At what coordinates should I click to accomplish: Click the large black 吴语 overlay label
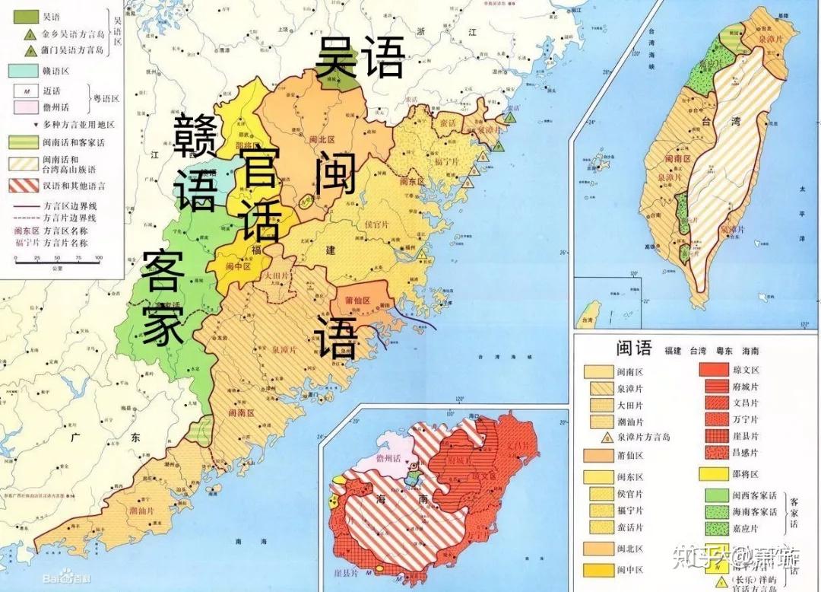(x=360, y=57)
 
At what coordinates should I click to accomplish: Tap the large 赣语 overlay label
(x=196, y=163)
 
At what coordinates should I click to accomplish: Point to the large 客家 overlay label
(x=163, y=297)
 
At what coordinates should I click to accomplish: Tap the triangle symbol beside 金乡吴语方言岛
(x=30, y=33)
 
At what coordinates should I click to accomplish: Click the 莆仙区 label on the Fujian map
(x=357, y=299)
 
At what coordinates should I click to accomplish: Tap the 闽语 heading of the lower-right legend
(x=633, y=349)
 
